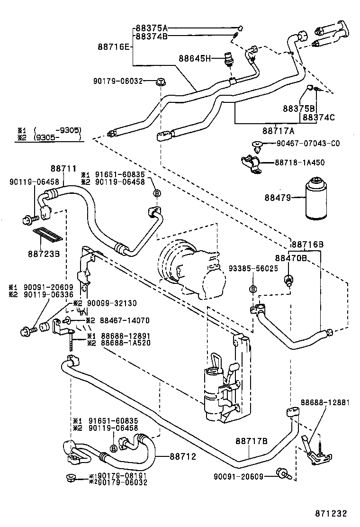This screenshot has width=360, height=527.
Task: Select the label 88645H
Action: pos(194,59)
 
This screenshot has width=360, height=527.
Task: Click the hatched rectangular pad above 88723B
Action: pos(48,235)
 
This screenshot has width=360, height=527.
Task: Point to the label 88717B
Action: pos(252,441)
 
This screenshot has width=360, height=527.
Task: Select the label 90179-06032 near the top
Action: pos(117,81)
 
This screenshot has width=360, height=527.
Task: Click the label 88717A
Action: pos(279,130)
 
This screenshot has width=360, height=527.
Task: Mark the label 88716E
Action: pos(114,46)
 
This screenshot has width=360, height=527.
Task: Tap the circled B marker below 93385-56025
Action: pos(253,289)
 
